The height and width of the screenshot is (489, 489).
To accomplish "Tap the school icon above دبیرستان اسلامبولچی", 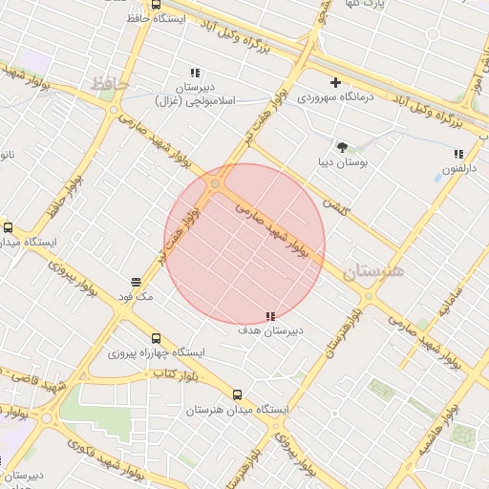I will point(195,73).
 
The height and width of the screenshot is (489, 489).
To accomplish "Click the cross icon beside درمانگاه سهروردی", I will point(335,82).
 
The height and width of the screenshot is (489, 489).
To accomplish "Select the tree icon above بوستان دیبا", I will point(342,146).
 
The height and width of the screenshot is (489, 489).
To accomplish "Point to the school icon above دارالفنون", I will point(458,154).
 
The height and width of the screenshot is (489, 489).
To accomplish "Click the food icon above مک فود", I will point(137,282).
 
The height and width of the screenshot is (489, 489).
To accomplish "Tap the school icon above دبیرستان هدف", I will point(271,315).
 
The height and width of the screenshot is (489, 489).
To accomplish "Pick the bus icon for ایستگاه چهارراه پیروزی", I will point(156,338).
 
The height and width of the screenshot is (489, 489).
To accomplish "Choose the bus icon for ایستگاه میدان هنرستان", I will point(237,394).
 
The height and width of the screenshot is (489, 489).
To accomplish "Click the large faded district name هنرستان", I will point(373,271).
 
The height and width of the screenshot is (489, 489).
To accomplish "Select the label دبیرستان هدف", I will point(271,330).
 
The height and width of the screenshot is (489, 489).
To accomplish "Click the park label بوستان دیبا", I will point(342,161).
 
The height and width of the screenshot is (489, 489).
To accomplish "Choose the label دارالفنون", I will point(457,169).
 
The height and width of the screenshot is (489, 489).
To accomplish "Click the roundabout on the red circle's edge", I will point(216,183).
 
